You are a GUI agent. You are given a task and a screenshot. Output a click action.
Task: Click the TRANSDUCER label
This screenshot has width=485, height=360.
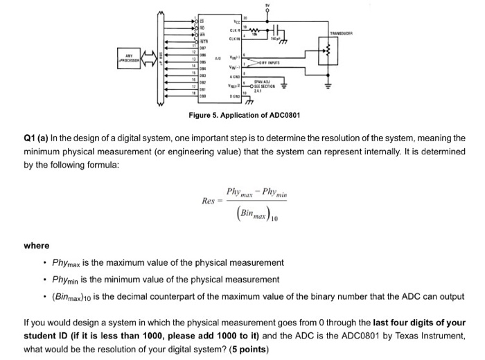click(341, 33)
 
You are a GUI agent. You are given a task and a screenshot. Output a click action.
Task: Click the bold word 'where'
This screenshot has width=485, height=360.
click(36, 246)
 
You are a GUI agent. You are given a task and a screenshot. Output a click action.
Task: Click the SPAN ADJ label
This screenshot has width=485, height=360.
click(266, 82)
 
